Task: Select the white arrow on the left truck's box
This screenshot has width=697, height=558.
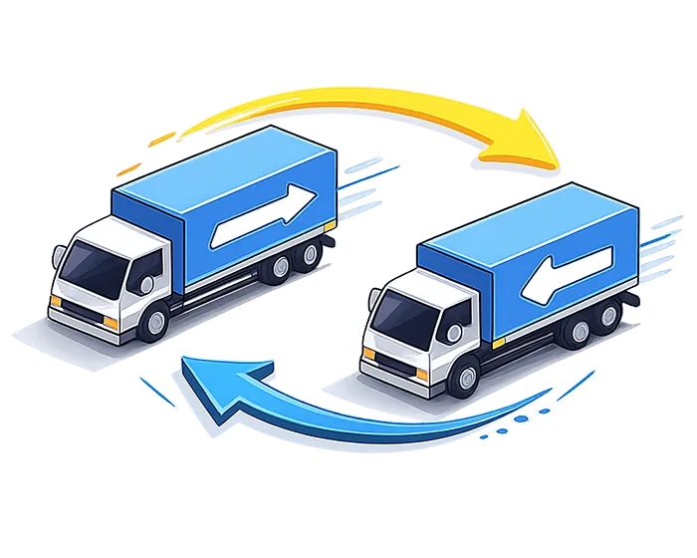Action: pos(264,212)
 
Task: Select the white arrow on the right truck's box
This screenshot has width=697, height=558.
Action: pos(568,270)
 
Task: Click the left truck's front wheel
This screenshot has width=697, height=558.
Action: pos(154,320)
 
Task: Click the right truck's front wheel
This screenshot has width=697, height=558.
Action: pos(463,378)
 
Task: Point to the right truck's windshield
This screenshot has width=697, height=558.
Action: pos(398,317)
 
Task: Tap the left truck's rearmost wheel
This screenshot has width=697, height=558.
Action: pos(310,254)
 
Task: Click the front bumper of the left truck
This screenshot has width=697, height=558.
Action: pos(85,313)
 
